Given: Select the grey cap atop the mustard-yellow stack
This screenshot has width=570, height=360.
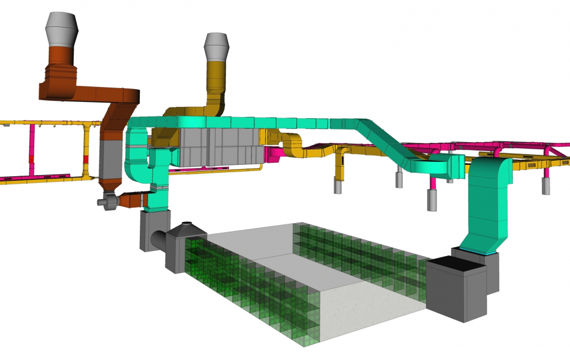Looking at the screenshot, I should pos(217,46).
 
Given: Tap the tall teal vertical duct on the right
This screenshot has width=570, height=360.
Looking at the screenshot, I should pos(489,204).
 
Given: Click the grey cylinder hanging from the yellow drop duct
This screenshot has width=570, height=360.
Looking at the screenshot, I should pos(338,185).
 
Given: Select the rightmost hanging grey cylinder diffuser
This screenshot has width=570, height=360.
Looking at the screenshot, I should pos(547,185).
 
